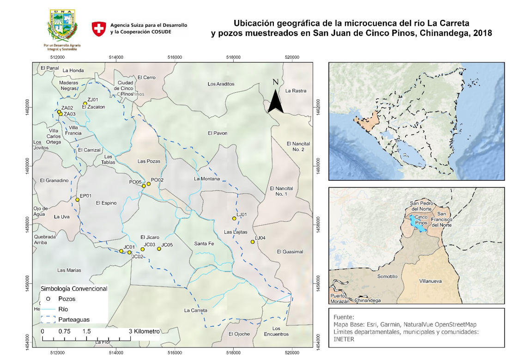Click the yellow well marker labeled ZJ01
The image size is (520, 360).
(85, 104)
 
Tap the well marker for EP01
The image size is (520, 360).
(78, 200)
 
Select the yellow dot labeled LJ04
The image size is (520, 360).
(253, 242)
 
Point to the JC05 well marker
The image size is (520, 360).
(159, 249)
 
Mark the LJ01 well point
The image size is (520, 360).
(234, 218)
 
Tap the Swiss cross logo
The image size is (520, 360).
(99, 29)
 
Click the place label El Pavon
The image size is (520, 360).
(218, 133)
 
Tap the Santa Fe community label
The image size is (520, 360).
(204, 244)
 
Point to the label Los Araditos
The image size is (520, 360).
(221, 84)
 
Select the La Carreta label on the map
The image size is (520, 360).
(196, 310)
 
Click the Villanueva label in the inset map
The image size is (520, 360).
(430, 281)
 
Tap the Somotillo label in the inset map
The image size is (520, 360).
(387, 276)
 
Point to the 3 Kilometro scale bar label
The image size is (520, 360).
(144, 331)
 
